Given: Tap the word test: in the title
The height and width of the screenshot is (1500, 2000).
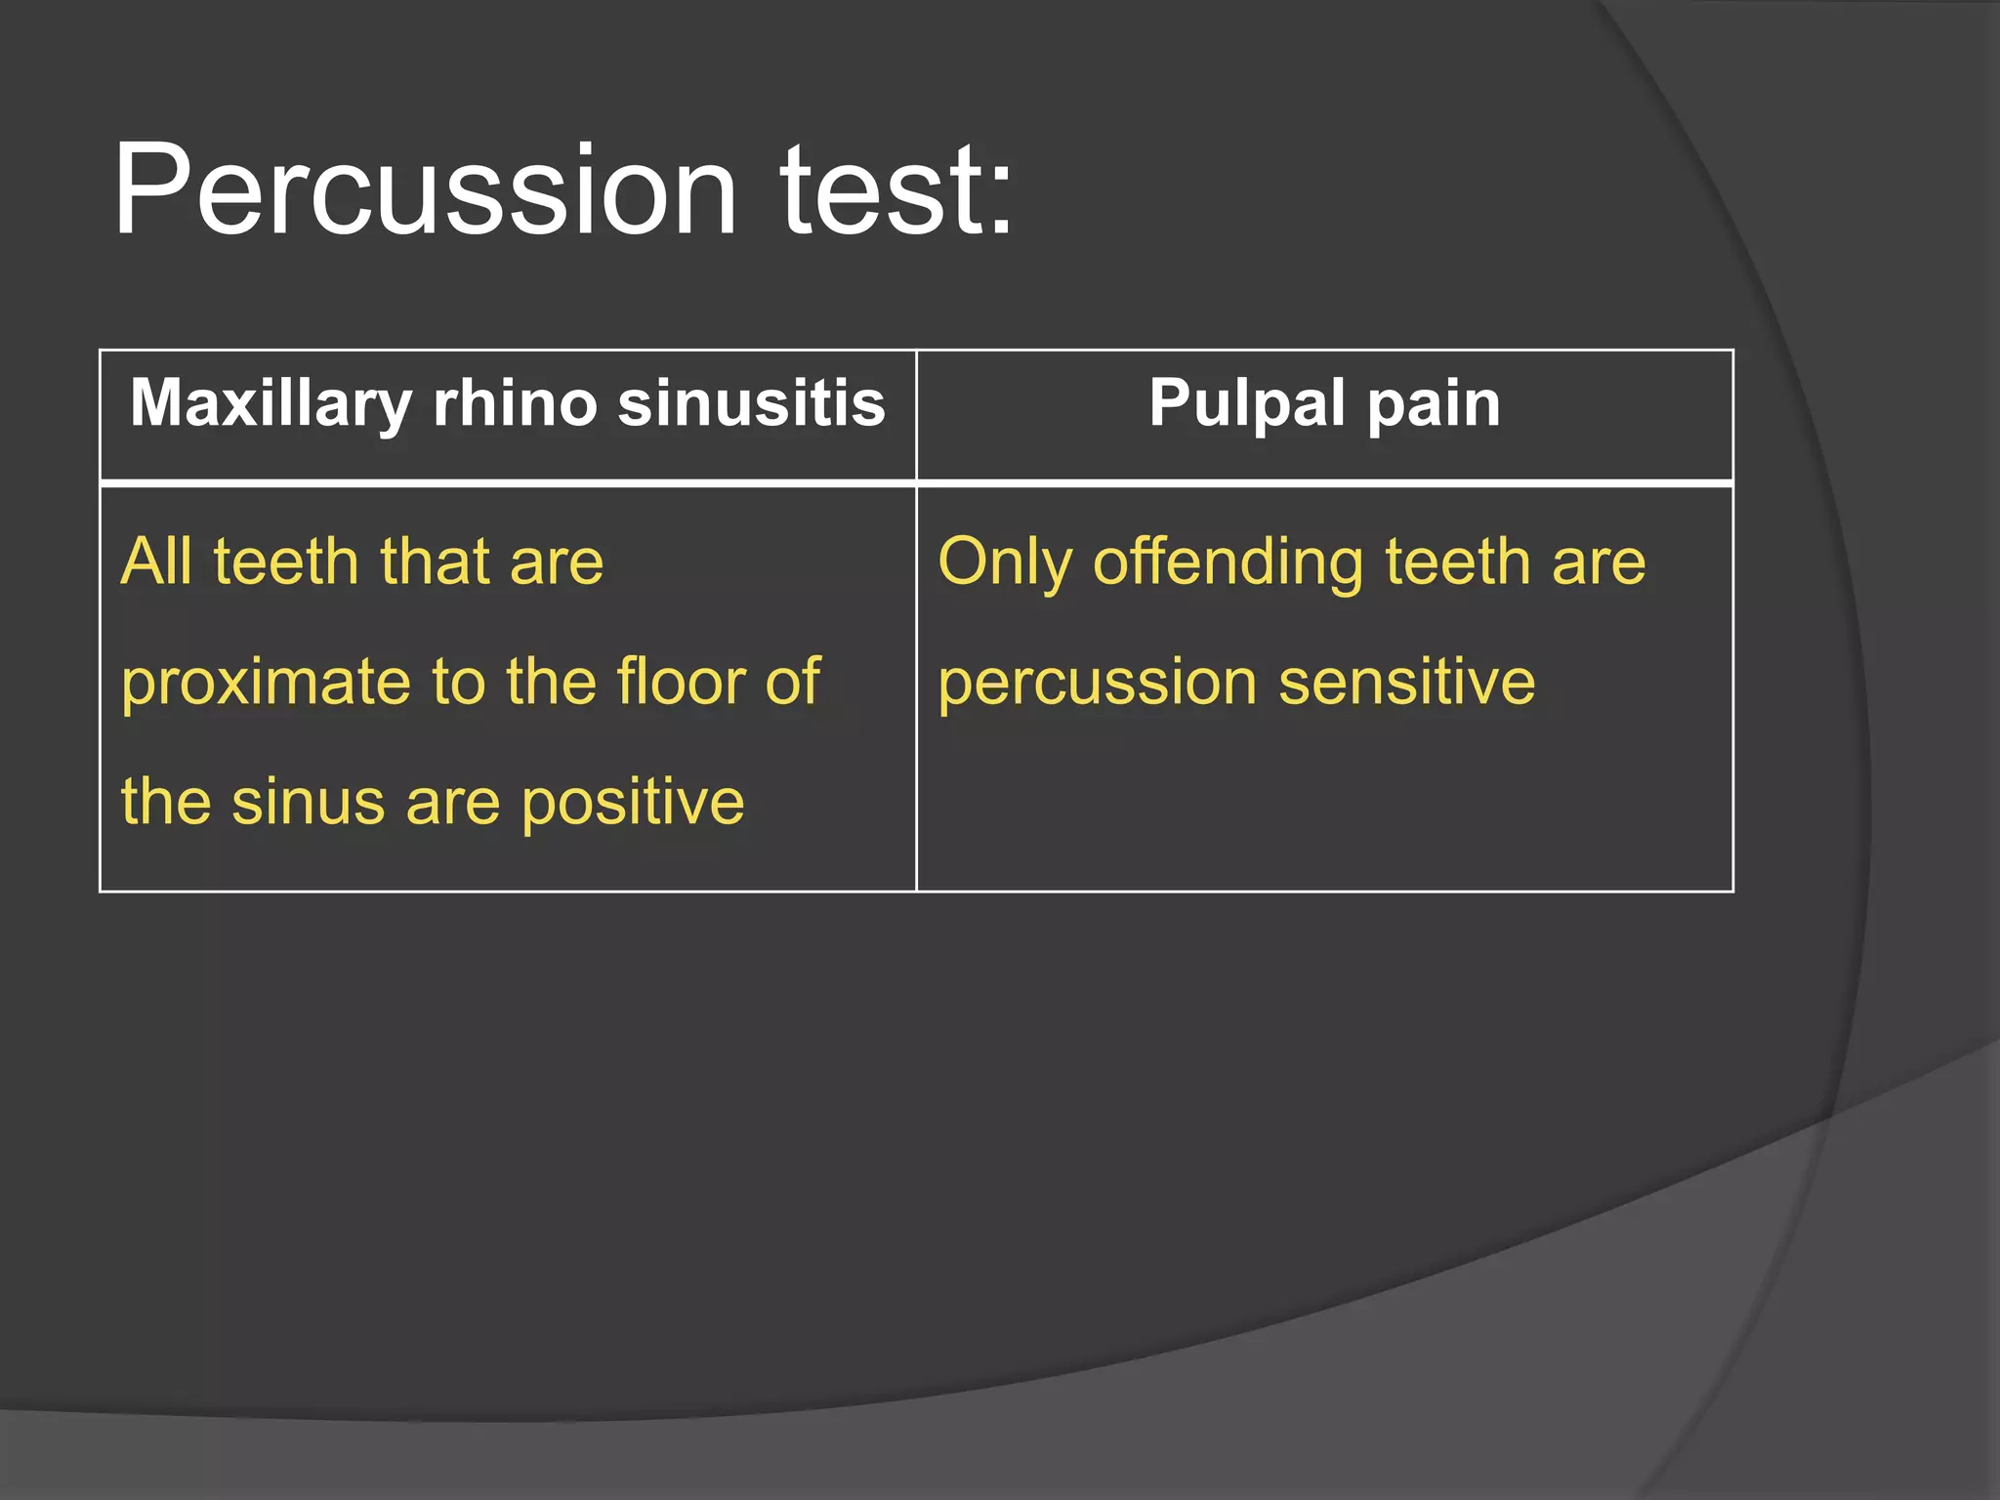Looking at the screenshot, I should pyautogui.click(x=894, y=190).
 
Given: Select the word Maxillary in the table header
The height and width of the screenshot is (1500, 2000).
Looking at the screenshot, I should pyautogui.click(x=271, y=403).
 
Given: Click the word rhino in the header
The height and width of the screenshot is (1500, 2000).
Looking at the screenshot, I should pyautogui.click(x=515, y=403).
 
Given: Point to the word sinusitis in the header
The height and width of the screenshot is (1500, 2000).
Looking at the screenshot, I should pyautogui.click(x=751, y=403).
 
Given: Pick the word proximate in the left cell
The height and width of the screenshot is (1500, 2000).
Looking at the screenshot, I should pyautogui.click(x=266, y=683).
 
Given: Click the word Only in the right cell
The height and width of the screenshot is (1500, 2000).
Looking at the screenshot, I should pyautogui.click(x=1004, y=563).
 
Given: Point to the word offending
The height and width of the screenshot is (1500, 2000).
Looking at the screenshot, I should pyautogui.click(x=1228, y=563).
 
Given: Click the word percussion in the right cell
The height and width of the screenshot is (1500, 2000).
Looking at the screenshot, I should pyautogui.click(x=1097, y=683).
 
